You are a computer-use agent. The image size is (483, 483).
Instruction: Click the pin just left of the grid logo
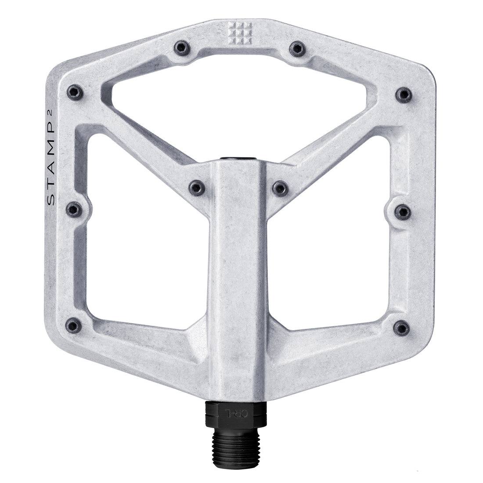[x=180, y=47]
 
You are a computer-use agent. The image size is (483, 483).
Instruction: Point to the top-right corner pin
[x=403, y=93]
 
